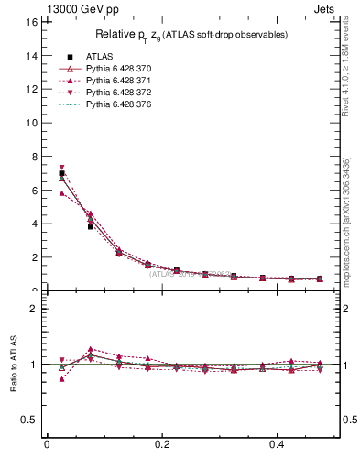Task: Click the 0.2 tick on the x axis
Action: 163,444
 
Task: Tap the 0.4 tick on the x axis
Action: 279,444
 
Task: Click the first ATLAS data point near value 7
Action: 61,173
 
